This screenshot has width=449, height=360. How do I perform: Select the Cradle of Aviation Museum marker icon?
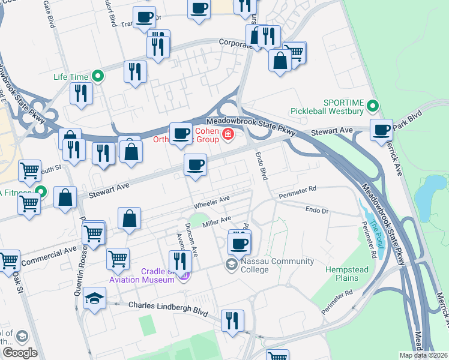[184, 275]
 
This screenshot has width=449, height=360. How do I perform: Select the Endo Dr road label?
[318, 210]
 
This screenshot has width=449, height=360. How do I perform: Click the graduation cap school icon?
[94, 298]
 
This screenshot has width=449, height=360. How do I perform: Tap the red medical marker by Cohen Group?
[228, 134]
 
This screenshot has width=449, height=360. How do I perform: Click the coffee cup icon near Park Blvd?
[381, 130]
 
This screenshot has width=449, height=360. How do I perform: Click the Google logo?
[20, 353]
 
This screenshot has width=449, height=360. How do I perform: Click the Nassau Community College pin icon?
[231, 264]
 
